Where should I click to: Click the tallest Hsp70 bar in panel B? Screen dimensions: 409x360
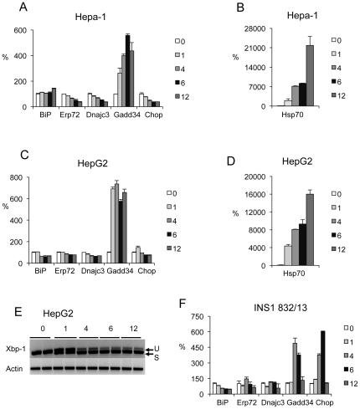tap(309, 75)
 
